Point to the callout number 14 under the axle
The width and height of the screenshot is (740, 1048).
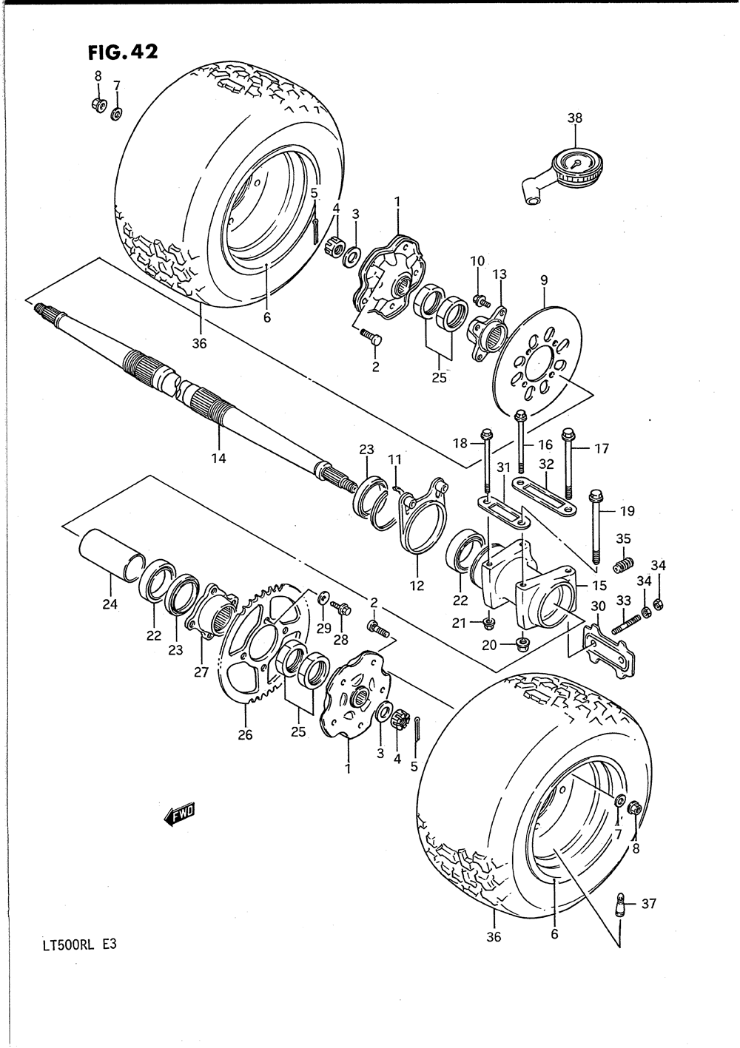(x=218, y=458)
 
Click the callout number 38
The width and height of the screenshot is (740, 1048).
(x=575, y=117)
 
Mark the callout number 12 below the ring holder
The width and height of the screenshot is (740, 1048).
(x=417, y=586)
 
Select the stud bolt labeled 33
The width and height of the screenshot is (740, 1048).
(x=624, y=621)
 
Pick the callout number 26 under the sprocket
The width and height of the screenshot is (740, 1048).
(x=245, y=734)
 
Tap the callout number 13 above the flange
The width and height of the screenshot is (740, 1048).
(x=499, y=274)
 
